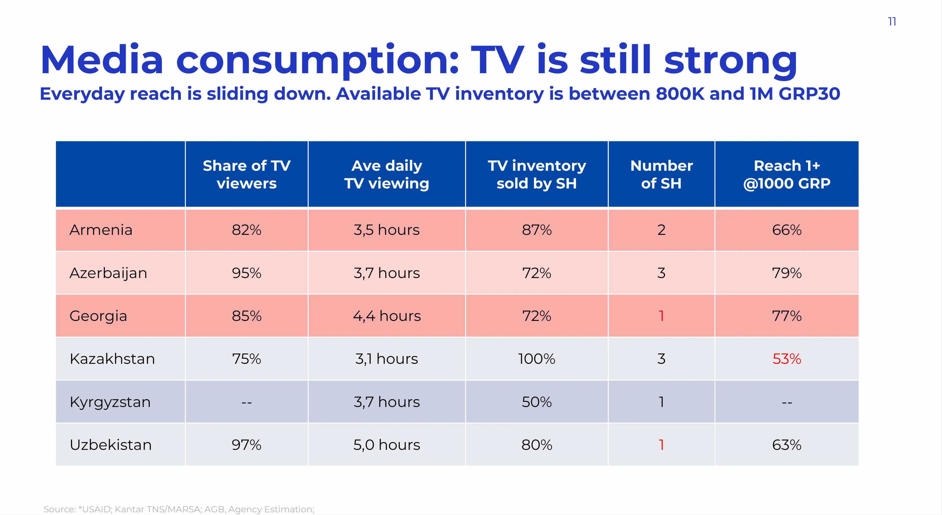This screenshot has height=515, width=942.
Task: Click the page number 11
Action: pyautogui.click(x=892, y=22)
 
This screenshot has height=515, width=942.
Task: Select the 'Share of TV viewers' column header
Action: pyautogui.click(x=246, y=174)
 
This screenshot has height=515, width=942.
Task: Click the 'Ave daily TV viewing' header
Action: pyautogui.click(x=387, y=174)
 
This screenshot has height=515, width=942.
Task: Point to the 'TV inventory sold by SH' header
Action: pyautogui.click(x=536, y=174)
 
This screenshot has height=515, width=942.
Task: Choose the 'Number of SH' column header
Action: pyautogui.click(x=661, y=174)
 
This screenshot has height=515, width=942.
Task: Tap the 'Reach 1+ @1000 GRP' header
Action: pyautogui.click(x=787, y=174)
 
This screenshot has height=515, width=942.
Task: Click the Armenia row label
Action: pyautogui.click(x=101, y=230)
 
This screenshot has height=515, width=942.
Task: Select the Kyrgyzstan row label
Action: pyautogui.click(x=110, y=402)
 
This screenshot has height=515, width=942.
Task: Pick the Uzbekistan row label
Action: pyautogui.click(x=110, y=445)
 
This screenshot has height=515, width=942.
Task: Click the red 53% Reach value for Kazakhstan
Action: pyautogui.click(x=787, y=359)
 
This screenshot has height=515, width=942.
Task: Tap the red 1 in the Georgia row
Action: pyautogui.click(x=661, y=316)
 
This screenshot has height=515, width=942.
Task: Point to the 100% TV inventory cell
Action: pyautogui.click(x=536, y=359)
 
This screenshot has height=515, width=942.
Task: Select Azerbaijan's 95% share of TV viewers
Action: pyautogui.click(x=246, y=273)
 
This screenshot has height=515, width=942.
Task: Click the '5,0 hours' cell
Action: pyautogui.click(x=387, y=445)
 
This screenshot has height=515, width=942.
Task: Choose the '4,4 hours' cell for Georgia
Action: pyautogui.click(x=387, y=316)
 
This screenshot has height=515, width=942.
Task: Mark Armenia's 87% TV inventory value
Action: pyautogui.click(x=536, y=230)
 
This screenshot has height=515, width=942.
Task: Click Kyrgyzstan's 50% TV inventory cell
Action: pyautogui.click(x=536, y=402)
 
